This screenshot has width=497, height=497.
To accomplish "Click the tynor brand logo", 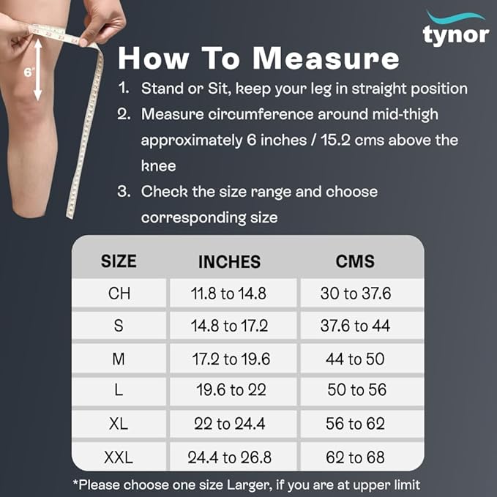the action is (456, 29).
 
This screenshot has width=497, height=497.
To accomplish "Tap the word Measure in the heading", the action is (326, 58).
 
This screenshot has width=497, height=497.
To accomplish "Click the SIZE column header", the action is (119, 261).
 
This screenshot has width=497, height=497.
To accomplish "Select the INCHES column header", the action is (230, 262).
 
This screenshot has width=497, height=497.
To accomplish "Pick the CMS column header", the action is (355, 261).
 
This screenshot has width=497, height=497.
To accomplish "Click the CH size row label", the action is (119, 294).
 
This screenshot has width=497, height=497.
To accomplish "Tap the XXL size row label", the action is (119, 457).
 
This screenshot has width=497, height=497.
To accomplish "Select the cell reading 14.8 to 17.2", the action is (230, 326).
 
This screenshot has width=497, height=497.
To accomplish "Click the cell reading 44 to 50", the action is (355, 359).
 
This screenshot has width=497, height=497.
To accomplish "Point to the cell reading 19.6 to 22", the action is (231, 390).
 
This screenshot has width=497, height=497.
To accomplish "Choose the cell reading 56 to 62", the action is (355, 424).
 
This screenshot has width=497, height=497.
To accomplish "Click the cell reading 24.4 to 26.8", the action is (230, 457).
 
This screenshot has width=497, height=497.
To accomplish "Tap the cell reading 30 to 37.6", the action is (356, 294).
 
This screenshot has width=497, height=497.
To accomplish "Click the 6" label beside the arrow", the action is (29, 72).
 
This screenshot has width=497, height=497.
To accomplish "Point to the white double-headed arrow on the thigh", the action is (38, 70).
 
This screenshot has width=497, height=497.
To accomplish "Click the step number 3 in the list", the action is (123, 192).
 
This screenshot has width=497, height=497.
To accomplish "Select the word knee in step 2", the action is (159, 165).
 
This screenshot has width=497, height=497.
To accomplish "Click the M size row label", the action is (119, 359).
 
